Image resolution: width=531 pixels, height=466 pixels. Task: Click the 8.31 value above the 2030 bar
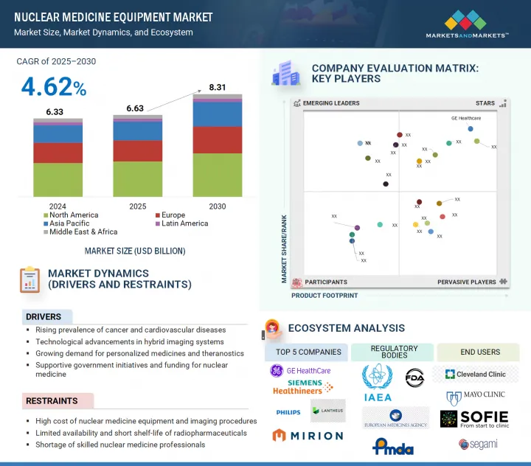[217, 87]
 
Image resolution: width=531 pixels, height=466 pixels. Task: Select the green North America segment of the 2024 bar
[58, 179]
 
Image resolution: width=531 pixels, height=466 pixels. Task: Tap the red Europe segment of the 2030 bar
[217, 139]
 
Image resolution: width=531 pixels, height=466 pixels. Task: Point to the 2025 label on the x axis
[137, 206]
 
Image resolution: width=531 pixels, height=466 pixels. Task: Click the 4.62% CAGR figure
[54, 87]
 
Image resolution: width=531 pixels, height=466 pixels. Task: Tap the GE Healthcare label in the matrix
[466, 118]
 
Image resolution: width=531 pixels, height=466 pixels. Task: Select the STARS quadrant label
[485, 103]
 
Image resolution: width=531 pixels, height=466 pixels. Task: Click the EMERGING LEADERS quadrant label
[331, 103]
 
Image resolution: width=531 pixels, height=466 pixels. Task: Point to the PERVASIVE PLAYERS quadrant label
[467, 282]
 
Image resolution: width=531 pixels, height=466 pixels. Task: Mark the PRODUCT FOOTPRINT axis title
[324, 296]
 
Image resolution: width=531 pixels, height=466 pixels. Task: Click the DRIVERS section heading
[44, 317]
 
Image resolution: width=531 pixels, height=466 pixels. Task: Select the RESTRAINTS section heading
[51, 401]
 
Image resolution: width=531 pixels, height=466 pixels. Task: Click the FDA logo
[415, 379]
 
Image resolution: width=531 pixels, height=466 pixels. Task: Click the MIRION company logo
[308, 436]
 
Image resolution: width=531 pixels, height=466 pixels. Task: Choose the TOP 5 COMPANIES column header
[308, 352]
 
